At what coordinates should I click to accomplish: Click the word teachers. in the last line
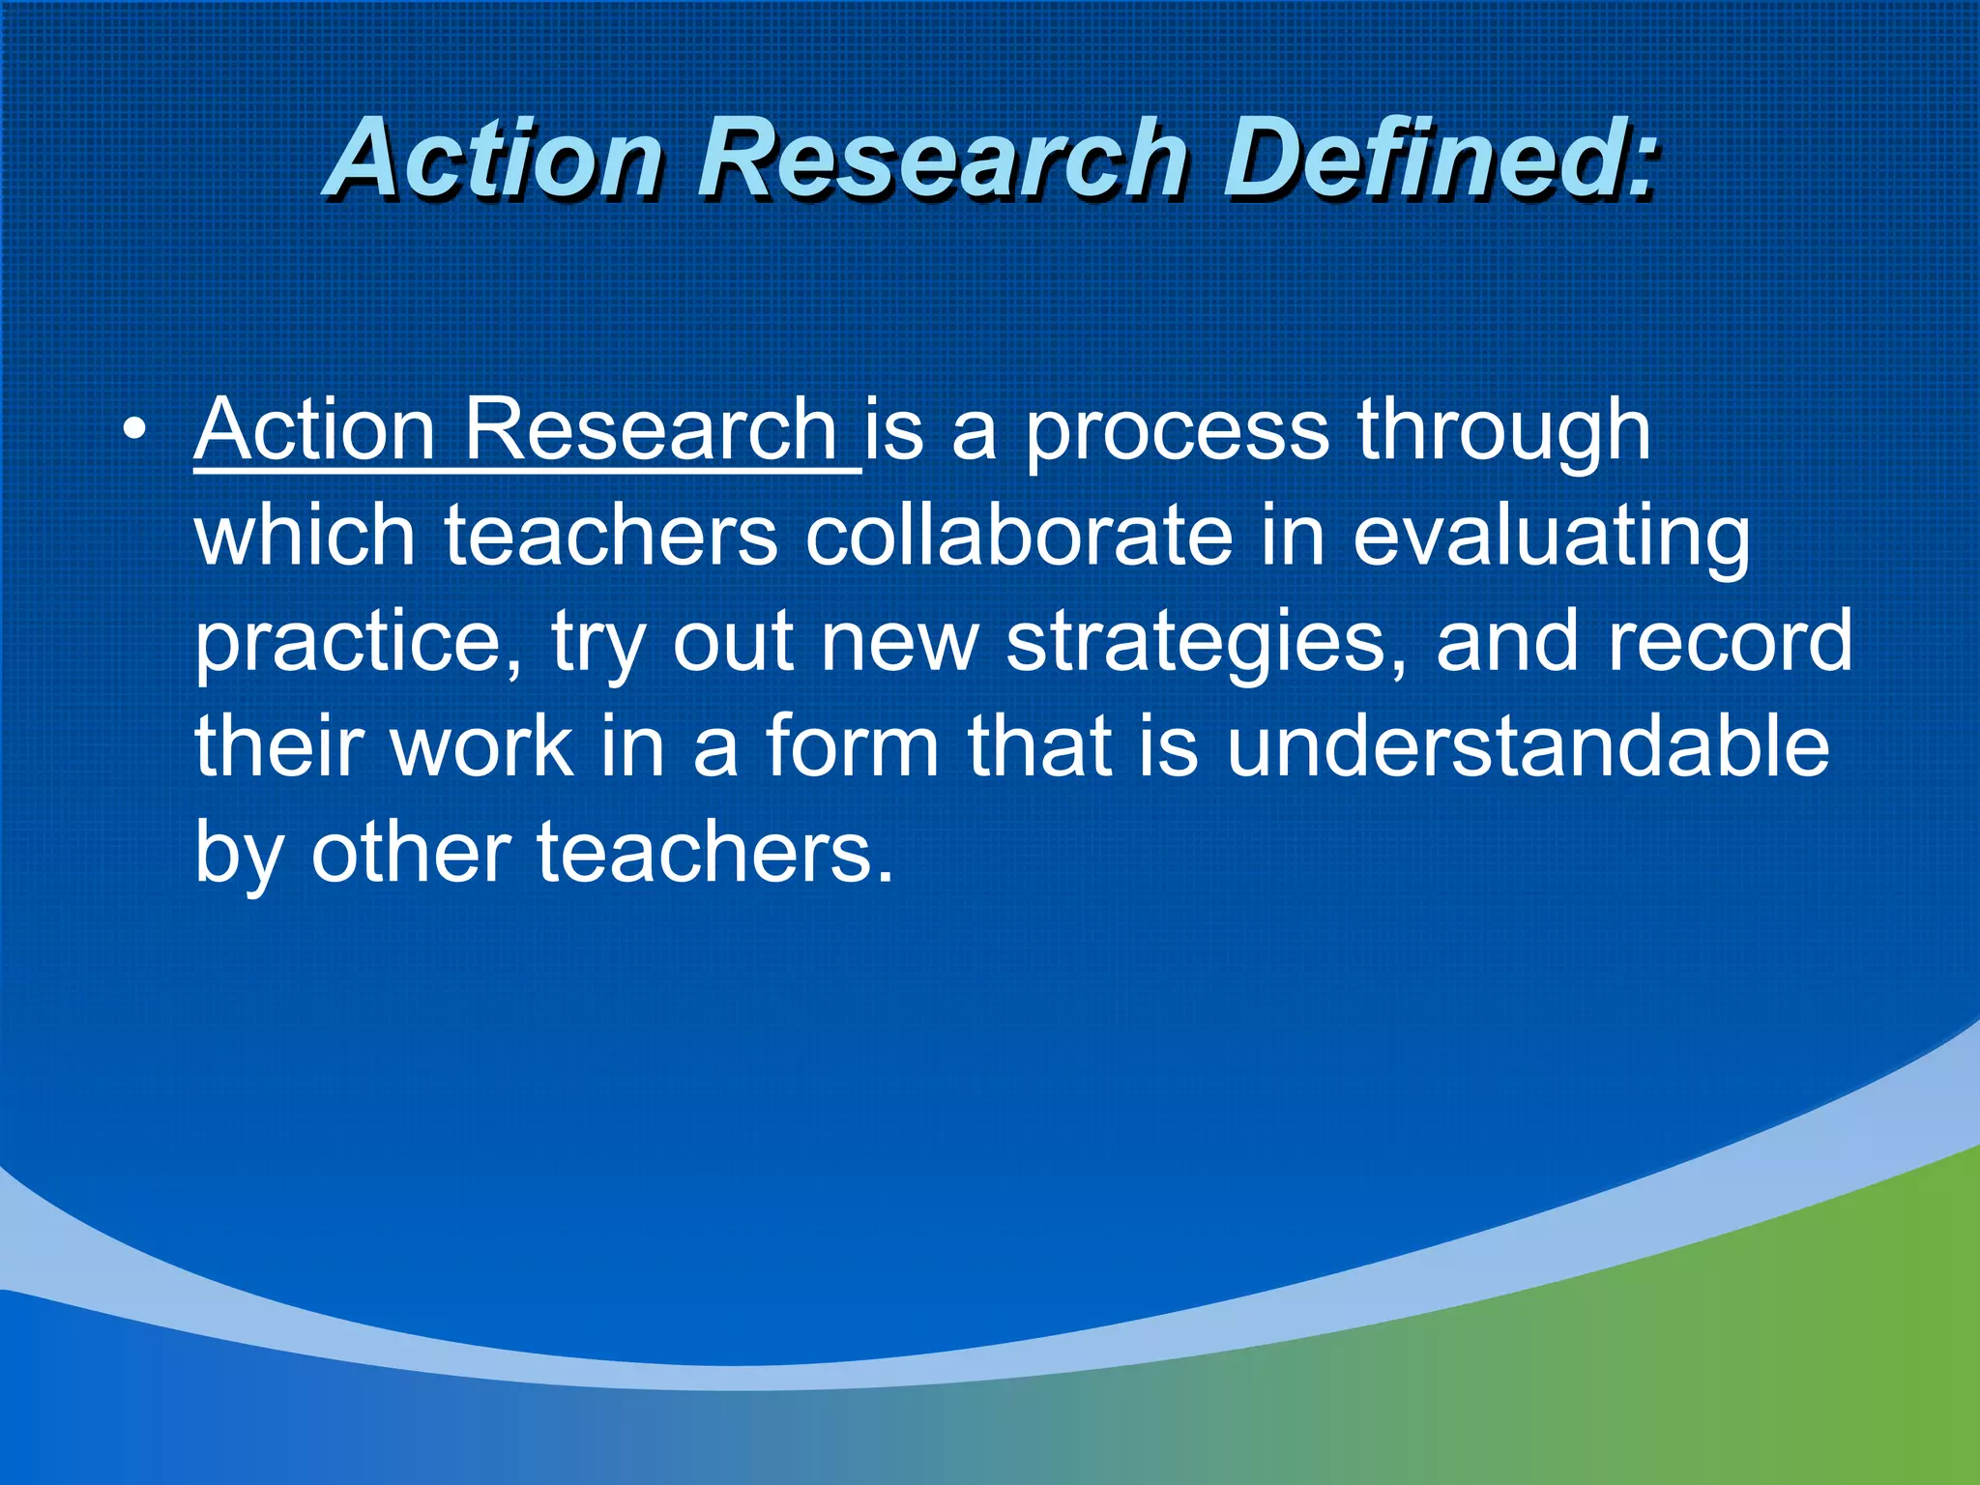(715, 853)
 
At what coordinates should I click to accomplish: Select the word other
(411, 853)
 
